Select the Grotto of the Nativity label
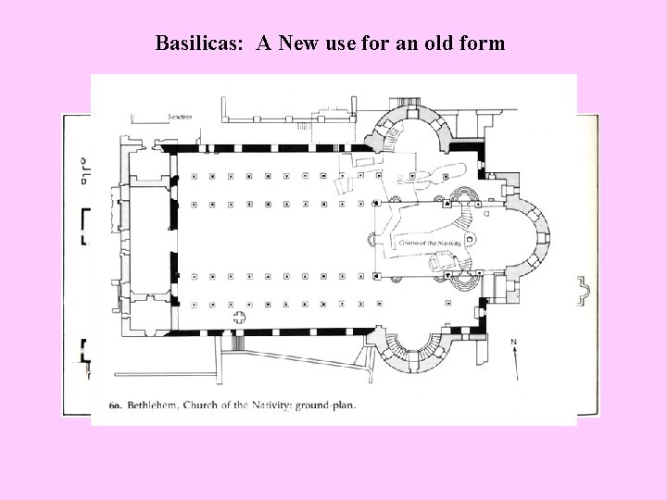point(429,243)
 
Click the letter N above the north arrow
point(513,343)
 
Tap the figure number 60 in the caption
point(116,405)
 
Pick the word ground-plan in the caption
point(329,405)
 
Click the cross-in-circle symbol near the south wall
point(240,319)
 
